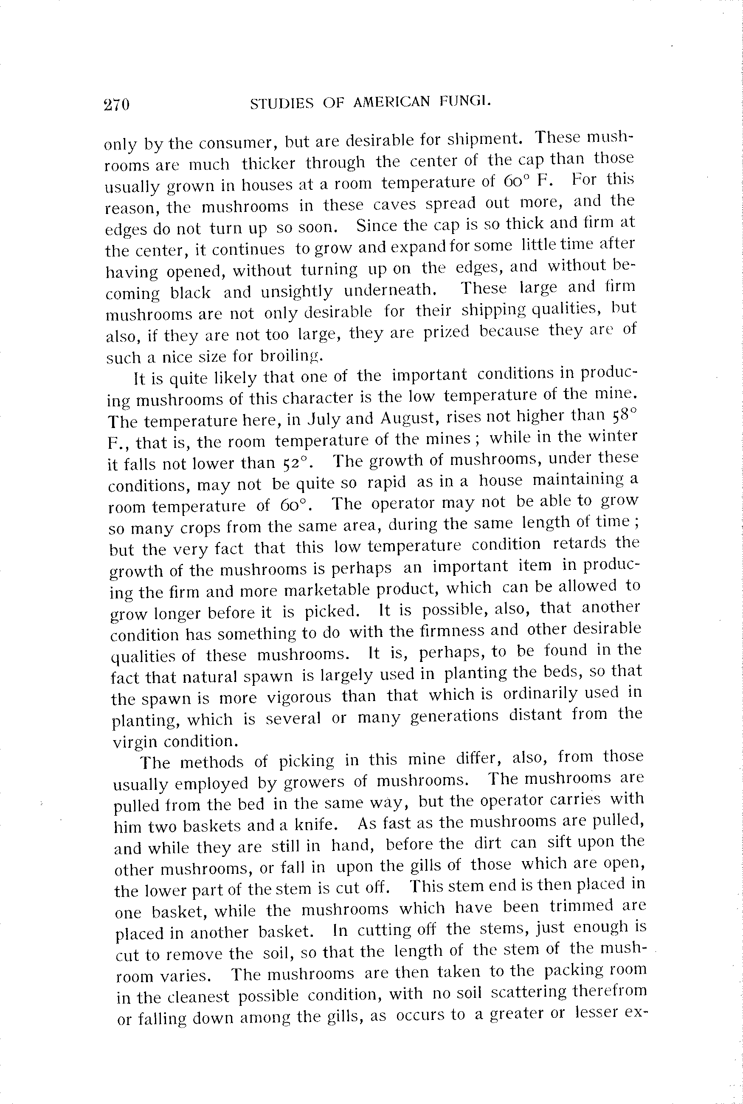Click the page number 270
coord(117,104)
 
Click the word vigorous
coord(299,697)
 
